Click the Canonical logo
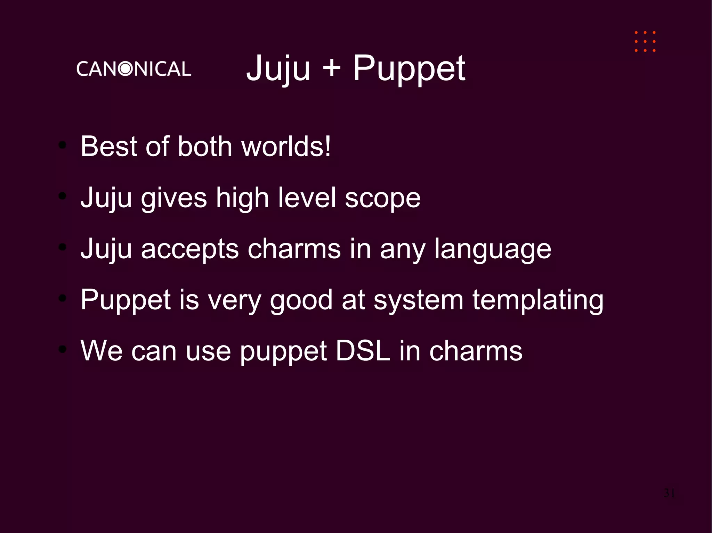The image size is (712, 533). coord(133,69)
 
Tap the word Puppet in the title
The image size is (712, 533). coord(409,69)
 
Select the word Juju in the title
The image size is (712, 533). coord(278,69)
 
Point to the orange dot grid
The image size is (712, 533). coord(645,42)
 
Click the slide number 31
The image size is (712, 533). coord(669,493)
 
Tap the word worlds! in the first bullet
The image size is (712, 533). coord(286,146)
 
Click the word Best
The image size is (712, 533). coord(108,146)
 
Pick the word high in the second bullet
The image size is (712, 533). coord(242,198)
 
